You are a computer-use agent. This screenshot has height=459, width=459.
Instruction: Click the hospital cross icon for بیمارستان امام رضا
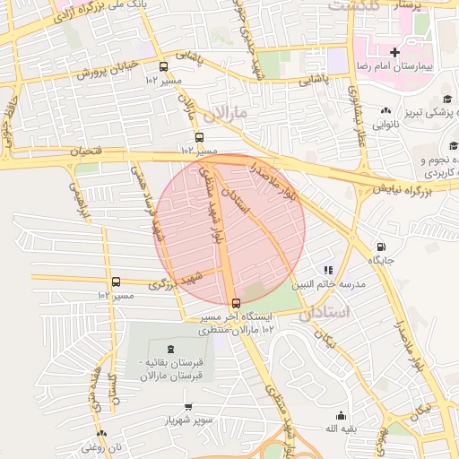pyautogui.click(x=394, y=53)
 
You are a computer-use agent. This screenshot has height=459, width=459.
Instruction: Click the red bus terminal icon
pyautogui.click(x=236, y=303)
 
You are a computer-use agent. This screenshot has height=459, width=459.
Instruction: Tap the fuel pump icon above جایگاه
pyautogui.click(x=382, y=247)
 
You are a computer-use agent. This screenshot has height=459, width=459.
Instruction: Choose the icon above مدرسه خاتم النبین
pyautogui.click(x=328, y=269)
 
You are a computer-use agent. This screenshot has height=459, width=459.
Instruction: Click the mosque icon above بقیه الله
pyautogui.click(x=341, y=415)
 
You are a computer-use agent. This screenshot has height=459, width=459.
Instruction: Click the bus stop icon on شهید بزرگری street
pyautogui.click(x=116, y=282)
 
